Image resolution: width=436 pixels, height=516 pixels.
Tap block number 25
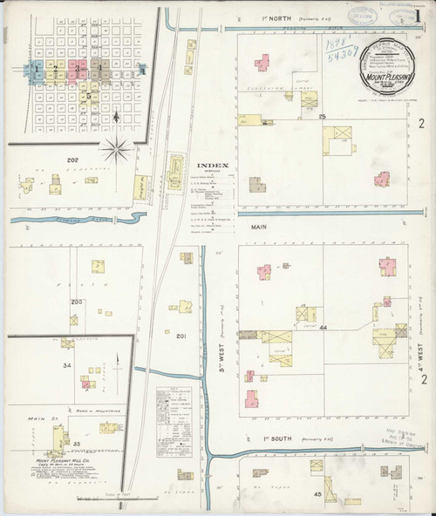coord(322,116)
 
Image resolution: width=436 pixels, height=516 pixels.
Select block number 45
coord(317,494)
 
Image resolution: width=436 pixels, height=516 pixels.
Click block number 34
coord(66,365)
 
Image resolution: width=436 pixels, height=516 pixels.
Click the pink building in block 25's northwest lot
coord(261,62)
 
